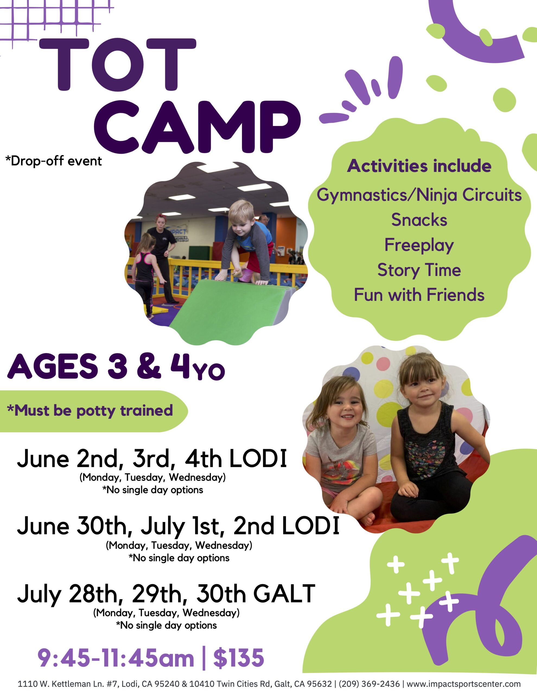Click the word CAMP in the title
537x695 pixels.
click(197, 127)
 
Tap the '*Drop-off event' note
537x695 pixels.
click(53, 161)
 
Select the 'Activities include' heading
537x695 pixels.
click(419, 166)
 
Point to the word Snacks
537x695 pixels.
click(419, 220)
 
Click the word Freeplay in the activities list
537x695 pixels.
click(419, 245)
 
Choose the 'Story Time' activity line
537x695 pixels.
click(419, 270)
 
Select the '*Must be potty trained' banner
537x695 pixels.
click(90, 410)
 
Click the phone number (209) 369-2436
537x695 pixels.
click(369, 684)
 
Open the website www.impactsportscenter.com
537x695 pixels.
click(463, 684)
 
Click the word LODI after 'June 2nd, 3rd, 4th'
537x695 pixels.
click(258, 459)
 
